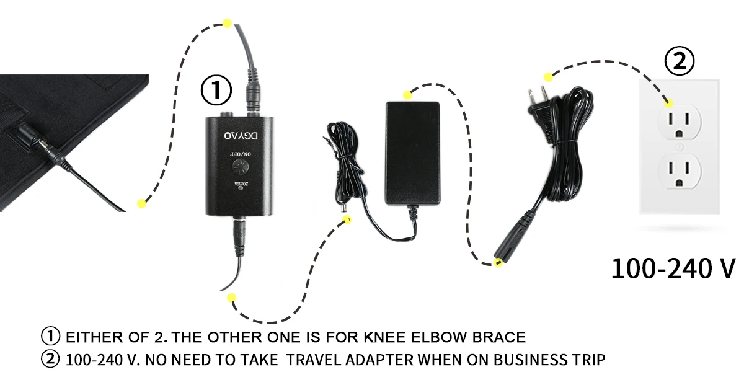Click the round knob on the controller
[x=241, y=167]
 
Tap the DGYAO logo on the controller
[x=241, y=136]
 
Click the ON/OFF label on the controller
[x=241, y=154]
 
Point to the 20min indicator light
[x=241, y=188]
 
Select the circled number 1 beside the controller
[x=216, y=90]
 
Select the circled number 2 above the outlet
[x=680, y=61]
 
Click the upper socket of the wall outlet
[x=680, y=122]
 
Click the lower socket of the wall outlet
[x=680, y=171]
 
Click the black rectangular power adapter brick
[x=412, y=153]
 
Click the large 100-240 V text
[x=673, y=268]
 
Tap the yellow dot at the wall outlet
[x=668, y=104]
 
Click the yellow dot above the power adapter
[x=407, y=95]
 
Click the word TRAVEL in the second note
[x=314, y=360]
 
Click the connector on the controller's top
[x=253, y=90]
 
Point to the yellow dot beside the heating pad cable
[x=141, y=203]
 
